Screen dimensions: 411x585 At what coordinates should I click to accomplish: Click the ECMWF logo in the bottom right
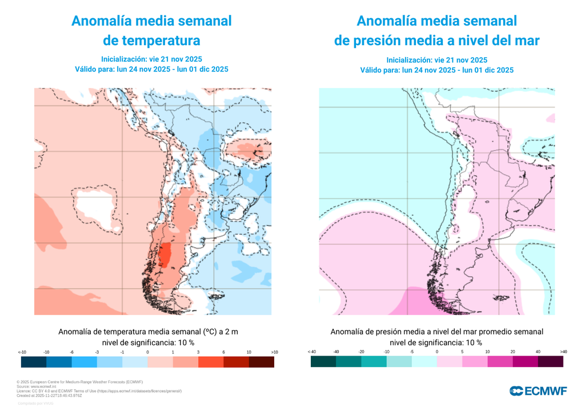[538, 390]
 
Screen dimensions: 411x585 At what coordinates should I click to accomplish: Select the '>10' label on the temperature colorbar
[274, 352]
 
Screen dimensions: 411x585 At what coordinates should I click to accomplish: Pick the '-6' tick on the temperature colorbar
[71, 352]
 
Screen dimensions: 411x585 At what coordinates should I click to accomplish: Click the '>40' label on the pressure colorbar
[563, 352]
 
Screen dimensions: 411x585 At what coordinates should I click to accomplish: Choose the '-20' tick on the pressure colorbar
[362, 352]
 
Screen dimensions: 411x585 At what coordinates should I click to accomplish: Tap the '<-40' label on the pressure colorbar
[311, 352]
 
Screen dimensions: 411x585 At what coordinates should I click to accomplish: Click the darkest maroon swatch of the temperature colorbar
[262, 362]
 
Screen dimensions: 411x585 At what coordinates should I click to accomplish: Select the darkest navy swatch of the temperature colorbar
[34, 362]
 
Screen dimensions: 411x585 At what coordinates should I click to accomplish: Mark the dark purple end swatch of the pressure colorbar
[551, 362]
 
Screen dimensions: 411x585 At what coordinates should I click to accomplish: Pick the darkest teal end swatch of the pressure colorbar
[323, 362]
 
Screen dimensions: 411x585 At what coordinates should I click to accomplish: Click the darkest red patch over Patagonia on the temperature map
[165, 255]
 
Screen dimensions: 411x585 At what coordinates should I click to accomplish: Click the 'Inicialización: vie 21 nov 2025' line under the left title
[151, 59]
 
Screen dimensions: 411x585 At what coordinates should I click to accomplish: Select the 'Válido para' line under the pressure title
[436, 70]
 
